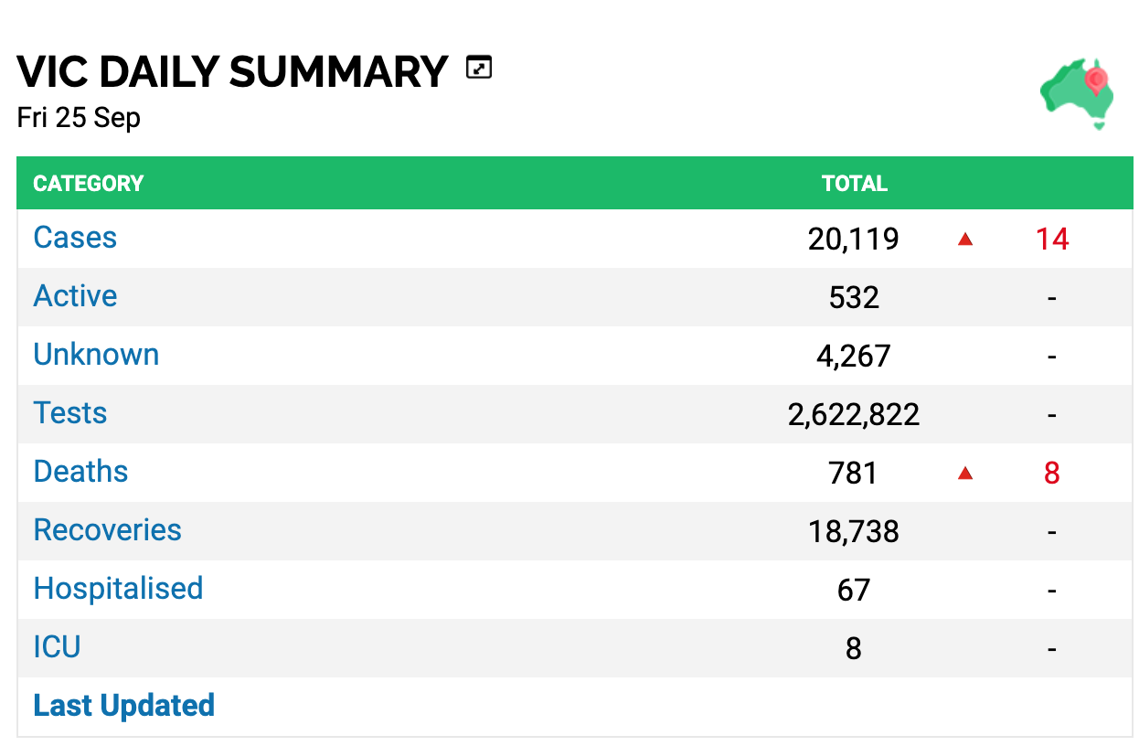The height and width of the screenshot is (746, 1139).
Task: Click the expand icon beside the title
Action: [478, 68]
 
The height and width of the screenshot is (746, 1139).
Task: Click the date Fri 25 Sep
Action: [79, 118]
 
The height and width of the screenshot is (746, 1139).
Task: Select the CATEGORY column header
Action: [89, 184]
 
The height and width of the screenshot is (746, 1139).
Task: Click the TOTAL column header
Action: [854, 184]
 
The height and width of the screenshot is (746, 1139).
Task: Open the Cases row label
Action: [75, 237]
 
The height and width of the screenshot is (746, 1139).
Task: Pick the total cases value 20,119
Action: [853, 239]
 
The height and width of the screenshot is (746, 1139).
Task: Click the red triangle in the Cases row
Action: [964, 239]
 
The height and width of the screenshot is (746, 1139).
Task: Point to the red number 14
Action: [1052, 239]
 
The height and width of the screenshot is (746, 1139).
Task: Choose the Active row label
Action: [75, 295]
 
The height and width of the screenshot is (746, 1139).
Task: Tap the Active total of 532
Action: [854, 297]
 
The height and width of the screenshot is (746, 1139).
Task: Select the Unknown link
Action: [96, 354]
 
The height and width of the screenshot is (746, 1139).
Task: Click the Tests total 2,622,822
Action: [853, 414]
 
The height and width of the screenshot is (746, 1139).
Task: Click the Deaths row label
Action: [80, 471]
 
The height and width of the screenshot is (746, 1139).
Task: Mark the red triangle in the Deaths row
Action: [964, 474]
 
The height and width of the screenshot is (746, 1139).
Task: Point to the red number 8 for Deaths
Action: [1051, 473]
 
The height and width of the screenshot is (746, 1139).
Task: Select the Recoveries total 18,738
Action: [853, 531]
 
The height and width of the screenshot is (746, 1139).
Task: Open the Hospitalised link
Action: [118, 589]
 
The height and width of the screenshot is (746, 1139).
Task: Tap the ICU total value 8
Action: [853, 648]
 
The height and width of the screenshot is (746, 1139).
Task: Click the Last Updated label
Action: [124, 706]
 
